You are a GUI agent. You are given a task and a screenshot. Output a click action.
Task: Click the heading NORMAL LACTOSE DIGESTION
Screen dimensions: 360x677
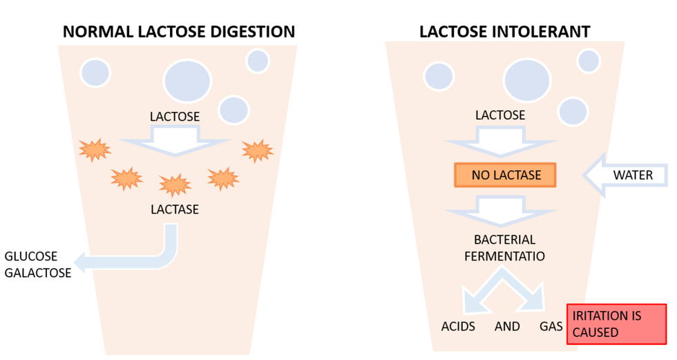(178, 32)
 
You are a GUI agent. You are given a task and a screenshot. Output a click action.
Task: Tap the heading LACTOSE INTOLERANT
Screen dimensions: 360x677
(504, 32)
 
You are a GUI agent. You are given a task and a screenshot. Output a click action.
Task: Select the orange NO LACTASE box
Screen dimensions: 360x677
(506, 176)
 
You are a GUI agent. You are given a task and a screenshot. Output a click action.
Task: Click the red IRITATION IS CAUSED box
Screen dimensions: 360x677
(616, 324)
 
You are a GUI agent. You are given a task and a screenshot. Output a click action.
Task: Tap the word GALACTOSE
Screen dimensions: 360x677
(38, 273)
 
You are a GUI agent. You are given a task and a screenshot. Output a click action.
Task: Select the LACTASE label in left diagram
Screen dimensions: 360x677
(175, 209)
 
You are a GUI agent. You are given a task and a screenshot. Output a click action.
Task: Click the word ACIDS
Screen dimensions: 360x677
(458, 326)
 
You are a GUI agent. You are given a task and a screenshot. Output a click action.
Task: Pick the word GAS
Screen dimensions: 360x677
(551, 326)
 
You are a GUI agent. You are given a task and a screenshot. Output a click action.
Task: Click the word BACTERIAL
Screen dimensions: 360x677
(504, 240)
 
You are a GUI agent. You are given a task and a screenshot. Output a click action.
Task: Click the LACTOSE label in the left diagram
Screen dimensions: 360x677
(175, 117)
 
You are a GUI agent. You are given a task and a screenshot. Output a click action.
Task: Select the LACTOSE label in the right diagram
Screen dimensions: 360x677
(500, 115)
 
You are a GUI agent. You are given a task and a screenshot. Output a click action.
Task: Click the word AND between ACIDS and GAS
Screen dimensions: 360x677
(507, 326)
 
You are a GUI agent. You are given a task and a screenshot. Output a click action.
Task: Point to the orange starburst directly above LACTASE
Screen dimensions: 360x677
(175, 184)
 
